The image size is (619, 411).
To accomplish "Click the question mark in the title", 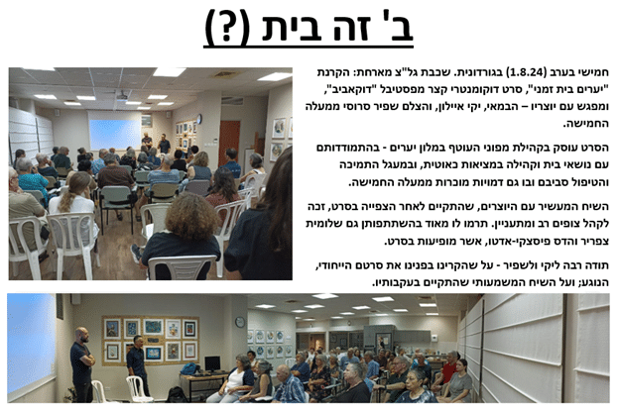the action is pos(226,27).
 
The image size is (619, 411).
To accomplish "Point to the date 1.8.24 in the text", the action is pos(527,72).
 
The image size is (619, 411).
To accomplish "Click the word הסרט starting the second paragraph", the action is pos(597,148).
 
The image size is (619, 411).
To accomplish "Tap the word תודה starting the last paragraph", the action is pos(598,265).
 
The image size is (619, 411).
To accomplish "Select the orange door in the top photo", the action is pos(230,143).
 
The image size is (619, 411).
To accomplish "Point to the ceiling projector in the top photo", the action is pos(122,94).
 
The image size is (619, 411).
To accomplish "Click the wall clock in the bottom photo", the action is pos(240,322).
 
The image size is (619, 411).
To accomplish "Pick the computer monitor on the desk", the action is pos(212,363).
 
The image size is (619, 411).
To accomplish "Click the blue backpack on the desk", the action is pos(189,368).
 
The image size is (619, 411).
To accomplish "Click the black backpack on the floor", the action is pos(177,395).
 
